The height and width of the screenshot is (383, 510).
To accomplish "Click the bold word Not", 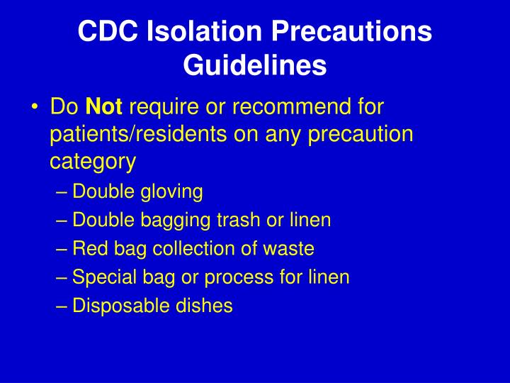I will click(104, 107).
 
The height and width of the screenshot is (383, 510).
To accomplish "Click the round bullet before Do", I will click(35, 108).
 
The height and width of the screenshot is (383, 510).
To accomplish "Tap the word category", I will click(92, 161).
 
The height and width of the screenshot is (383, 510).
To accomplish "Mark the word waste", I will click(291, 249).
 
